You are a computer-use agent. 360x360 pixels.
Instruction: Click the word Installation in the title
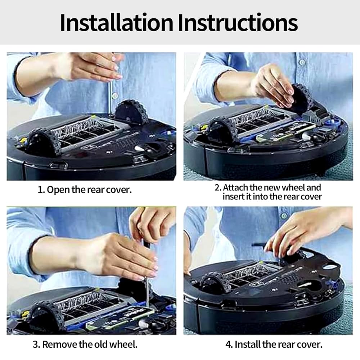[x=116, y=22]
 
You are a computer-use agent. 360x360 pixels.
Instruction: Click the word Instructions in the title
[x=238, y=22]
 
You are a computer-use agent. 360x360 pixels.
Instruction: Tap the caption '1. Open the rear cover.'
[x=85, y=190]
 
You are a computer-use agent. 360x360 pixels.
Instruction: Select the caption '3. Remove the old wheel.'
[x=85, y=345]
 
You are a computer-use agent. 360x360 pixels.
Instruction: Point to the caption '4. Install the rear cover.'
[x=274, y=345]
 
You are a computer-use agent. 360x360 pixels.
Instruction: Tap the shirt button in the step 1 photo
[x=114, y=95]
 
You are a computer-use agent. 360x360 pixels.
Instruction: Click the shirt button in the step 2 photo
[x=302, y=62]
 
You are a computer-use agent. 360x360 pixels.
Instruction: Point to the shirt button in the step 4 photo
[x=284, y=216]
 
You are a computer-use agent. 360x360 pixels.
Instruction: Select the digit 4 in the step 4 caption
[x=228, y=345]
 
